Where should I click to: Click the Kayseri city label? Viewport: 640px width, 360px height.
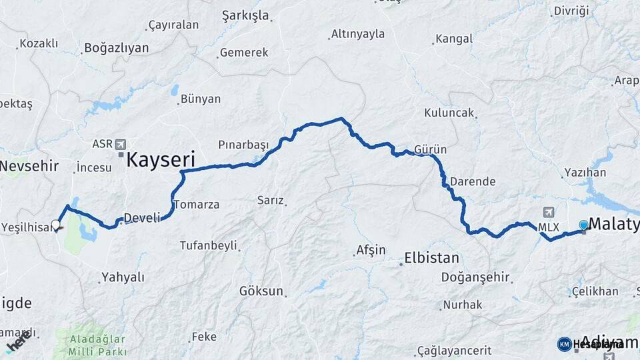(x=160, y=160)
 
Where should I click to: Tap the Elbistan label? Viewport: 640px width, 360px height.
(x=432, y=258)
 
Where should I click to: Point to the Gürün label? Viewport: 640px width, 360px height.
(x=430, y=149)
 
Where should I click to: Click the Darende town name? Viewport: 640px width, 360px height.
(x=473, y=181)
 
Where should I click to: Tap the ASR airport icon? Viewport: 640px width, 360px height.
(x=121, y=144)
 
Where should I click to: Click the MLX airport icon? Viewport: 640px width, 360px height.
(x=549, y=213)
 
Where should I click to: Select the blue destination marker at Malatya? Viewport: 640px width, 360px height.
(x=584, y=225)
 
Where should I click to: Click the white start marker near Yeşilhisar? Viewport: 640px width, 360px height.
(x=56, y=225)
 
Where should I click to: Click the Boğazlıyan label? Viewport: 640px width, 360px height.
(x=117, y=49)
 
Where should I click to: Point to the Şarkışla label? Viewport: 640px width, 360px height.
(x=245, y=15)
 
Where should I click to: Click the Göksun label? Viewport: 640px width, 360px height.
(x=261, y=291)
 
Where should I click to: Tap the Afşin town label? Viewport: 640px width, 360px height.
(x=371, y=251)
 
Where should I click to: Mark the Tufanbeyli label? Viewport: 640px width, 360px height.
(x=209, y=245)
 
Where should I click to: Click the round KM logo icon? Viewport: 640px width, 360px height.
(x=564, y=344)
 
